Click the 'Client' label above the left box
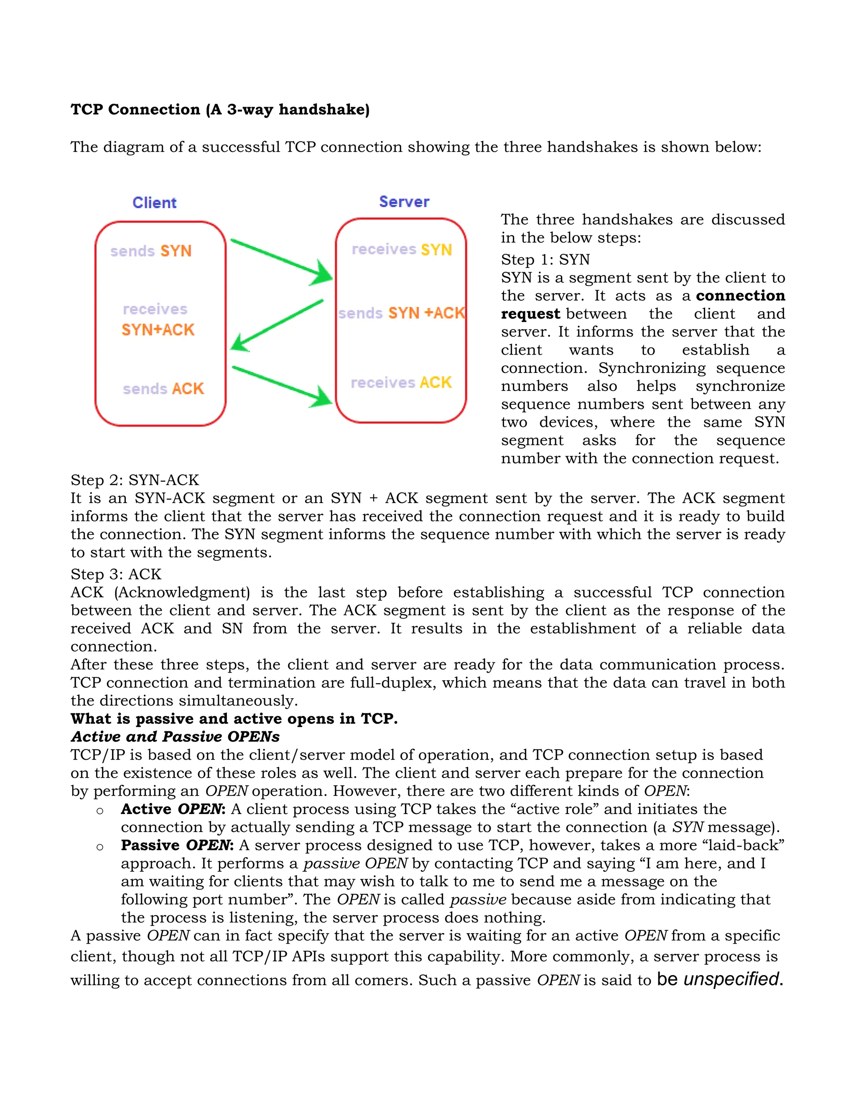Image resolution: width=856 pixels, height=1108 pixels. pyautogui.click(x=154, y=202)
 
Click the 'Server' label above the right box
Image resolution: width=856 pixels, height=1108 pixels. pyautogui.click(x=404, y=202)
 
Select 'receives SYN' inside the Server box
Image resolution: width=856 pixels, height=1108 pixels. pyautogui.click(x=402, y=249)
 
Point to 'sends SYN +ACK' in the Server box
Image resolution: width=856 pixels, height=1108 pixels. pyautogui.click(x=401, y=313)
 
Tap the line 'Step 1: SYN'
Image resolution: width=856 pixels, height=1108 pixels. pyautogui.click(x=545, y=259)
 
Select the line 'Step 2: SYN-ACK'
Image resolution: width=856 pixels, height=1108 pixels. pyautogui.click(x=135, y=480)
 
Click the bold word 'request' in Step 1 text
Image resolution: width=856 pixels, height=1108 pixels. pyautogui.click(x=530, y=314)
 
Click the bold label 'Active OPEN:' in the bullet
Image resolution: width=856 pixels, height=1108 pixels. pyautogui.click(x=173, y=809)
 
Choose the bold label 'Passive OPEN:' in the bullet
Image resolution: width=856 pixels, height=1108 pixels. pyautogui.click(x=177, y=845)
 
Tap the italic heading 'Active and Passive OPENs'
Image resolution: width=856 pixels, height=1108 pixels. pyautogui.click(x=175, y=736)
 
